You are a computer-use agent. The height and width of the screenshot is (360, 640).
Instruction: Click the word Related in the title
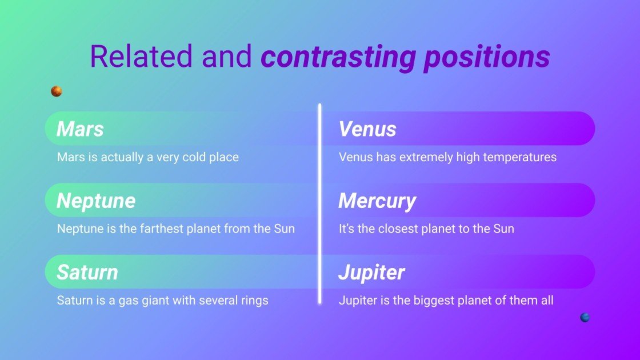coord(141,56)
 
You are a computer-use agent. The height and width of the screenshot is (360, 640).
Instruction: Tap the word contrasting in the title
coord(338,57)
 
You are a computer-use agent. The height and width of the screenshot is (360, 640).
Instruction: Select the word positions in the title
coord(487,57)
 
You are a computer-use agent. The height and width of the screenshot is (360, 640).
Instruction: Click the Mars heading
coord(80,129)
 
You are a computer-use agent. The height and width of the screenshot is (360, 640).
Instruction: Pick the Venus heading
coord(367,129)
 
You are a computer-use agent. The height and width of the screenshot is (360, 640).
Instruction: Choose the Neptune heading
coord(96,201)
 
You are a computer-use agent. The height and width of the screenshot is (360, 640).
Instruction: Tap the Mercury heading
coord(377,201)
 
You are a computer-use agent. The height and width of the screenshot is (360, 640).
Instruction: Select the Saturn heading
coord(87,272)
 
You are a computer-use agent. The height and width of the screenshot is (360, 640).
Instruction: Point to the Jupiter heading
coord(371,272)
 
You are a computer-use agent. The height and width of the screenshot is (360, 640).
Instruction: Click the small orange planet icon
coord(57,91)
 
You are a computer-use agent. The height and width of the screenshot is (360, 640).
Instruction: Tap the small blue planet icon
coord(585,317)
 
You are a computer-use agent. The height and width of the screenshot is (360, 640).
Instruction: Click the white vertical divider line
coord(319,204)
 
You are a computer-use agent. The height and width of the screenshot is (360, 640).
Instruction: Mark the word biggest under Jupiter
coord(432,301)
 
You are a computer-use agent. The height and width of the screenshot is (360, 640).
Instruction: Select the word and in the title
coord(226,56)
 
